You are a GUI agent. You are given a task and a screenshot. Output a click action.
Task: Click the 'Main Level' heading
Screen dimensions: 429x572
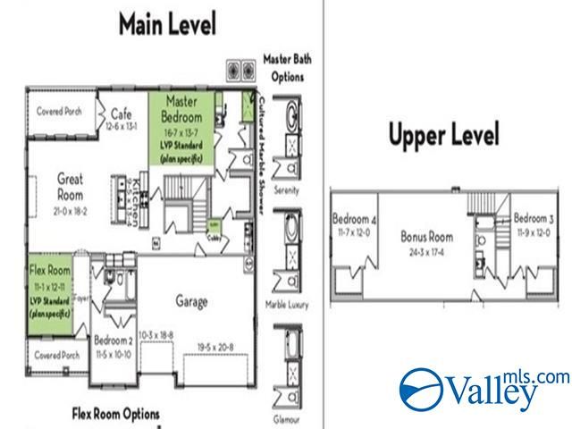[167, 24]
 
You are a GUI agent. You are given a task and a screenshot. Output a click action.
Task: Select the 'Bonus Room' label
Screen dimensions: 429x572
[426, 238]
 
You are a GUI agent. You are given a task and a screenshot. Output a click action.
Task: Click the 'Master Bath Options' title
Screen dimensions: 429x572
[284, 68]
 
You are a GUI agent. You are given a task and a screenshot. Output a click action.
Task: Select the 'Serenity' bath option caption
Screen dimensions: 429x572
[285, 191]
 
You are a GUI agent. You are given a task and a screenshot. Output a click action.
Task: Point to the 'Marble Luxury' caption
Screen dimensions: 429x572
[286, 305]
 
